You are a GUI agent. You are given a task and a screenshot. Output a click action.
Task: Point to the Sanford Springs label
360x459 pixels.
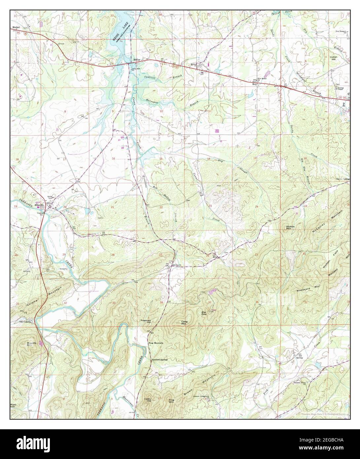[160, 359]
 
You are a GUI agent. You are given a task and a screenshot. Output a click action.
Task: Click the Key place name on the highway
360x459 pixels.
[255, 85]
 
